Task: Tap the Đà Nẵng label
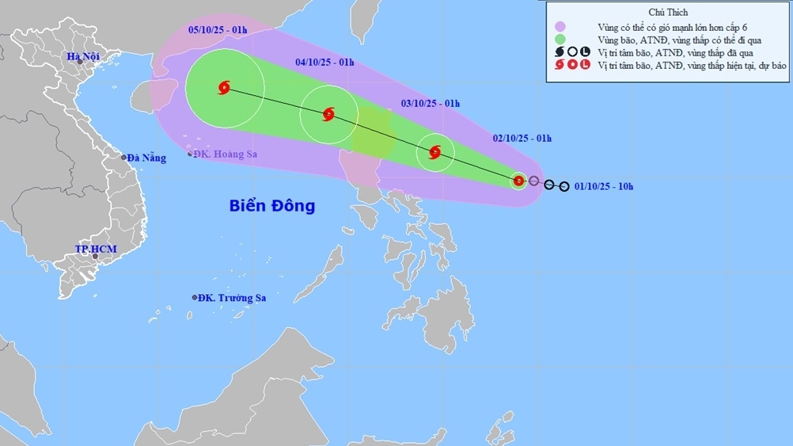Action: (x=148, y=158)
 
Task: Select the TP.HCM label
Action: (x=96, y=249)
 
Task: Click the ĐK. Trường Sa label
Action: (x=232, y=297)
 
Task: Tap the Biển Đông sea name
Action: (x=272, y=206)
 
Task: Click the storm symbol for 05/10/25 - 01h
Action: (x=223, y=88)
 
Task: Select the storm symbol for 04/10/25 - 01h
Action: (x=328, y=115)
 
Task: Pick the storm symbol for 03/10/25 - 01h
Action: (x=434, y=152)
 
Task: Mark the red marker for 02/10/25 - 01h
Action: (x=518, y=181)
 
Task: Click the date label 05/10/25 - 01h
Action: (x=218, y=29)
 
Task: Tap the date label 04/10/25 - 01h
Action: (x=324, y=62)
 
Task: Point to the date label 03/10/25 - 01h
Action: (x=430, y=103)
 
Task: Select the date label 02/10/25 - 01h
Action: (x=522, y=138)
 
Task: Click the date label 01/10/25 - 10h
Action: (x=605, y=187)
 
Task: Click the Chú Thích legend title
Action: (x=668, y=13)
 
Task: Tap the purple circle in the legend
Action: (x=561, y=26)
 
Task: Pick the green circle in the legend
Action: (x=561, y=39)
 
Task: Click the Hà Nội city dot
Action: (x=80, y=63)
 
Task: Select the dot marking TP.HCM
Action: (x=95, y=257)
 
